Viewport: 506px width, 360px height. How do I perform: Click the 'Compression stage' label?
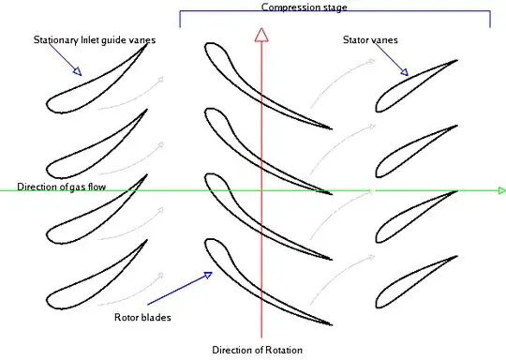pos(304,7)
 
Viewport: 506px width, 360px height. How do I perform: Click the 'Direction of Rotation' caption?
pos(257,351)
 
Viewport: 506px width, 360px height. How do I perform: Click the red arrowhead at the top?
pos(263,35)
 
